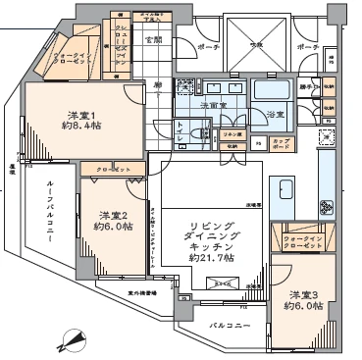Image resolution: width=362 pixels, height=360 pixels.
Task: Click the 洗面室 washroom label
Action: click(210, 104)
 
